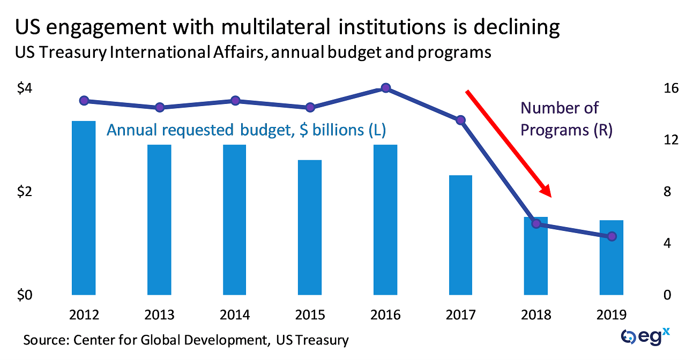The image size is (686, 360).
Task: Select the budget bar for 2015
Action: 310,227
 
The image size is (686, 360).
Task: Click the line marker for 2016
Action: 385,88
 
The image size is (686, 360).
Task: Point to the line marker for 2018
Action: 536,223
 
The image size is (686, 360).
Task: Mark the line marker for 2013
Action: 159,108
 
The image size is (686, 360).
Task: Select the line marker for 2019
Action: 612,236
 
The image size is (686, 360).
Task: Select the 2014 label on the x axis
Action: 235,314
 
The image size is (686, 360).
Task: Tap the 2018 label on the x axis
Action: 536,314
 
